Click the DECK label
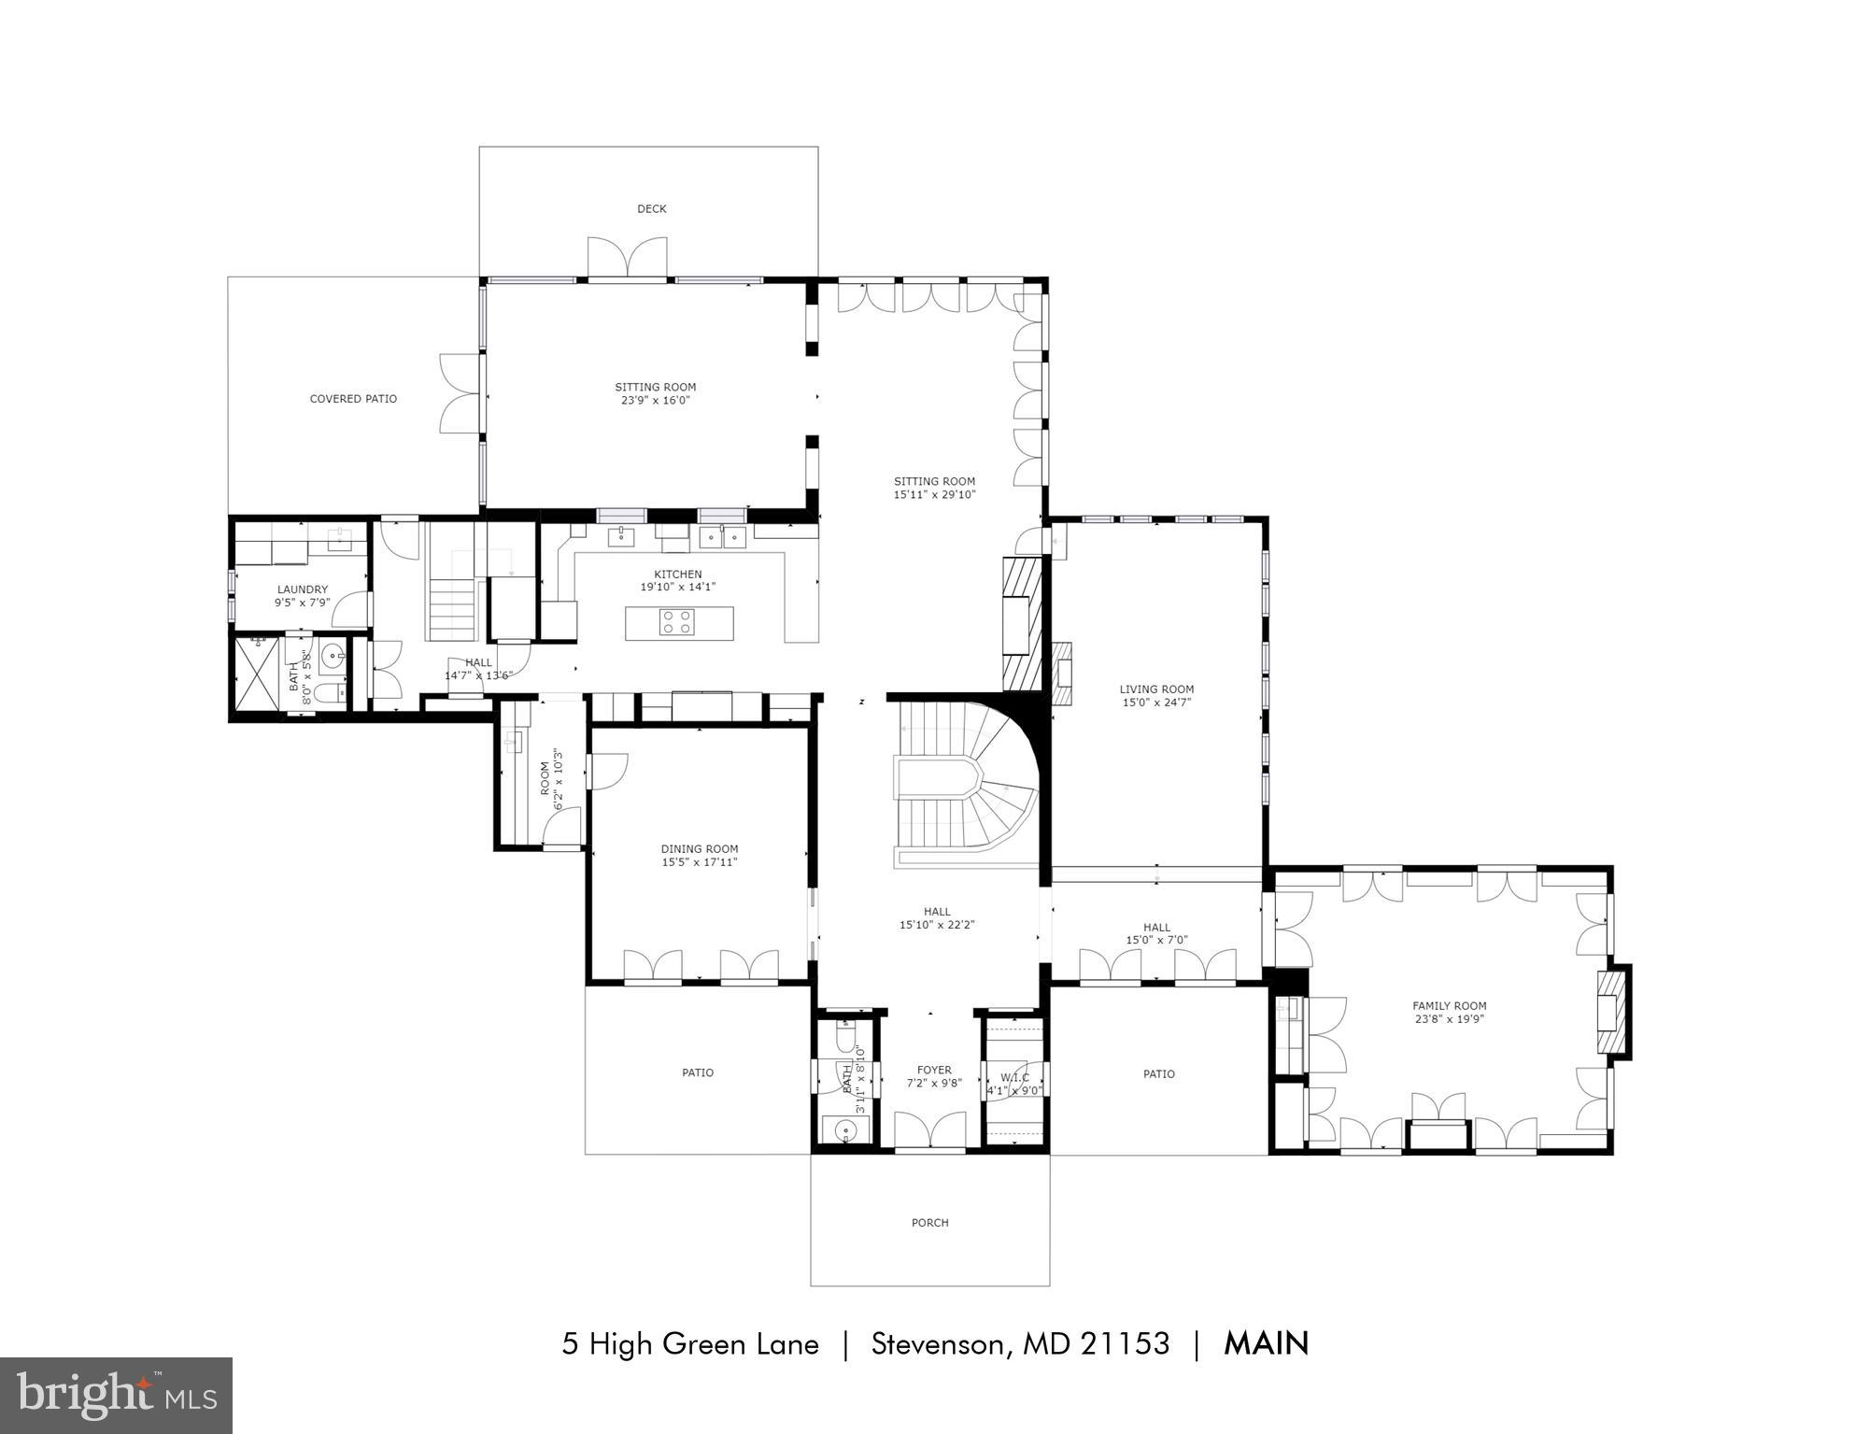pos(651,209)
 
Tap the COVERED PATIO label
pos(353,399)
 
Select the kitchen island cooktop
pos(676,622)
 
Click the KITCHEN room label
pos(677,575)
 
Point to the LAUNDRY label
pos(302,589)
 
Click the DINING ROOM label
pos(700,849)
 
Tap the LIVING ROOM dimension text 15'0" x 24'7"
pos(1156,703)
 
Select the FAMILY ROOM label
pos(1449,1006)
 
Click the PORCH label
pos(929,1222)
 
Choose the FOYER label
pos(934,1071)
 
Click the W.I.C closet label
pos(1014,1078)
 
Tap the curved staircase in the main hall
pos(971,785)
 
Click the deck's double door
pos(627,258)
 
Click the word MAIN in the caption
pos(1266,1343)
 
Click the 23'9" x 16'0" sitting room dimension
pos(655,401)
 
